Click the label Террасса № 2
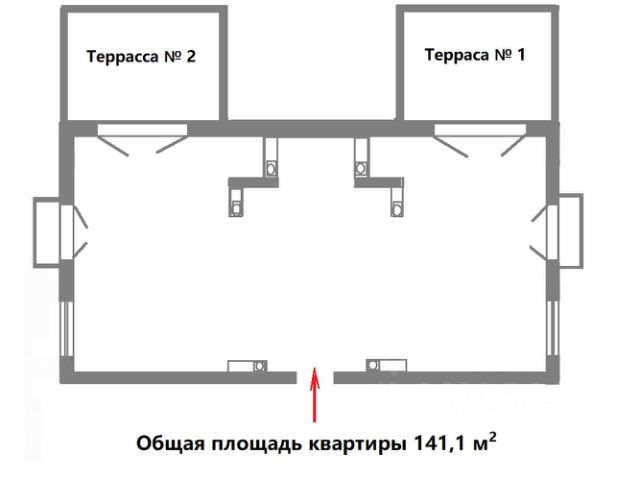coord(141,57)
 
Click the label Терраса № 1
coord(476,55)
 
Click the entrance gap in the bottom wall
coord(316,377)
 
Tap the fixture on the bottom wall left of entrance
coord(246,366)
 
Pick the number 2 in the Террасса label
coord(189,57)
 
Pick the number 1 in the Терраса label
coord(520,55)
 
